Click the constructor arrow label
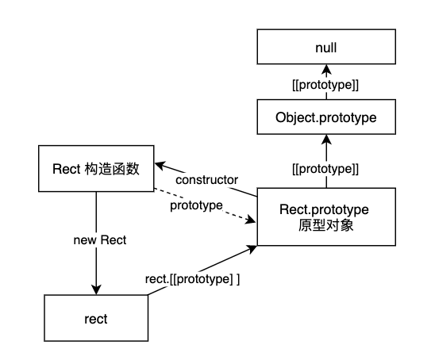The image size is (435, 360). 206,180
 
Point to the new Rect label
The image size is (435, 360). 100,240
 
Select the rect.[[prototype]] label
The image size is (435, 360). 192,279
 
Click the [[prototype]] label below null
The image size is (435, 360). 325,85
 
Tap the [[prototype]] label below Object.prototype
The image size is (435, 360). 325,169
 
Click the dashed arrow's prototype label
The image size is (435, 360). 196,205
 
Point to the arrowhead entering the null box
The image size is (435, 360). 326,69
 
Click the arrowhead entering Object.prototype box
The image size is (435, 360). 326,140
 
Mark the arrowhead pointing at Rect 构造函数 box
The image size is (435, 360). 160,166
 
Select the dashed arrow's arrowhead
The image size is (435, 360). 250,220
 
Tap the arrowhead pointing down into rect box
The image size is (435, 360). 96,289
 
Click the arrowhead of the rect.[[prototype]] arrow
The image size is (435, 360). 252,249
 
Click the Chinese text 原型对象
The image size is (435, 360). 325,225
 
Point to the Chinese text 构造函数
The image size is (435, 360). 112,168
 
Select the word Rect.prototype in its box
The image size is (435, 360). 324,209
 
